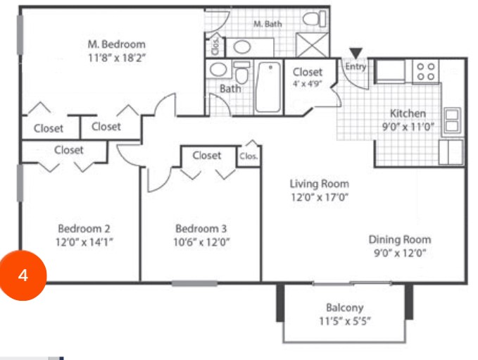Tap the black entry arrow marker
tap(356, 53)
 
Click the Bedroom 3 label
tap(201, 228)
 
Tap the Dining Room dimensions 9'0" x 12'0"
tap(399, 253)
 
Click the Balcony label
tap(344, 307)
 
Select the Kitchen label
tap(408, 113)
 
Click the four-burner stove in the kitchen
tap(426, 70)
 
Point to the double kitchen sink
tap(451, 120)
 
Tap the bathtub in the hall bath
tap(268, 88)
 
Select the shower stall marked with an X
tap(311, 44)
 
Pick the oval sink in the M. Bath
tap(244, 47)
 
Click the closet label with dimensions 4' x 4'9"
tap(307, 72)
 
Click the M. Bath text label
tap(268, 24)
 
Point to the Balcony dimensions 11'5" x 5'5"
tap(344, 321)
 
